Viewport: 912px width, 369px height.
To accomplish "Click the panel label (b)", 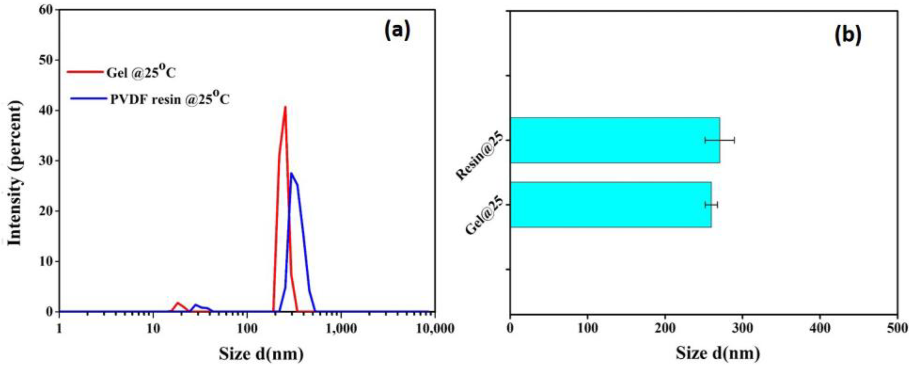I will pyautogui.click(x=848, y=35).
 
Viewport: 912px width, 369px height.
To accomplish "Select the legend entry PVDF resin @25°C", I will pyautogui.click(x=170, y=99).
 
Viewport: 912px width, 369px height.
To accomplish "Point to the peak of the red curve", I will pyautogui.click(x=285, y=107).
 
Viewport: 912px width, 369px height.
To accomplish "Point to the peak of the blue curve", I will pyautogui.click(x=291, y=173).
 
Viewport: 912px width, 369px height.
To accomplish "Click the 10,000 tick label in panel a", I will pyautogui.click(x=435, y=329).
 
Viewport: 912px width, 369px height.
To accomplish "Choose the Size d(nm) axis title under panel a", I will pyautogui.click(x=261, y=353).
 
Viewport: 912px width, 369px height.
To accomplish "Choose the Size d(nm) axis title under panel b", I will pyautogui.click(x=718, y=353).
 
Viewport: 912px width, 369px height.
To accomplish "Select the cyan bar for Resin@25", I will pyautogui.click(x=615, y=140).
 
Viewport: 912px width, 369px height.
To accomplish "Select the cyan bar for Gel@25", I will pyautogui.click(x=611, y=205).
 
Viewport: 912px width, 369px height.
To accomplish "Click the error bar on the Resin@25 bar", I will pyautogui.click(x=719, y=140).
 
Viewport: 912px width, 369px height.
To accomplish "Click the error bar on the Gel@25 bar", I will pyautogui.click(x=711, y=205).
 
